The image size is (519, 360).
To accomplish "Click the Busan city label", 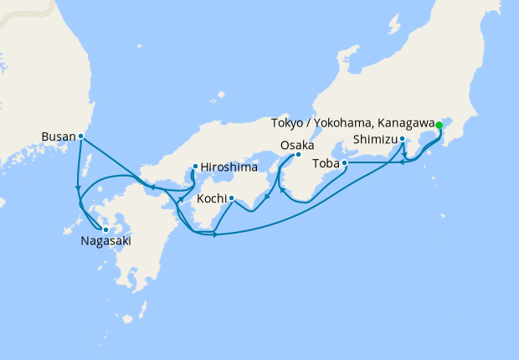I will click(x=58, y=136).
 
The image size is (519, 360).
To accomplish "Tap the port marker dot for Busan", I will click(x=80, y=136).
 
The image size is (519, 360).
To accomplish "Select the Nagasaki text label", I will click(x=105, y=242).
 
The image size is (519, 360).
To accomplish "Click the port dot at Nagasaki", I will click(x=105, y=229).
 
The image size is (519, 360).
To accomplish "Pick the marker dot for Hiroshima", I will click(x=195, y=166).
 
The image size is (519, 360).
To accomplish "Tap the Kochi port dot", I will click(x=231, y=199).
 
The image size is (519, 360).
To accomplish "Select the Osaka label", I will click(x=297, y=146).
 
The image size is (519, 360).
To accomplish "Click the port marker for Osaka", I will click(x=299, y=155).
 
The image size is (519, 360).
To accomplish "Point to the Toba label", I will click(x=327, y=163).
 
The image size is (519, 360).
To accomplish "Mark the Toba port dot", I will click(x=345, y=163).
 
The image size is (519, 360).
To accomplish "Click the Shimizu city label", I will click(x=374, y=139).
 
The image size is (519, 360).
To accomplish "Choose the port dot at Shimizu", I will click(x=402, y=139).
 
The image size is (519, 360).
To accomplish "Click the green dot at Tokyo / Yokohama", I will click(x=439, y=125).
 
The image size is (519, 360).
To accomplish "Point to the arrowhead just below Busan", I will click(x=78, y=187).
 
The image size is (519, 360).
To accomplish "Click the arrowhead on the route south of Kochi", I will click(x=215, y=234).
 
